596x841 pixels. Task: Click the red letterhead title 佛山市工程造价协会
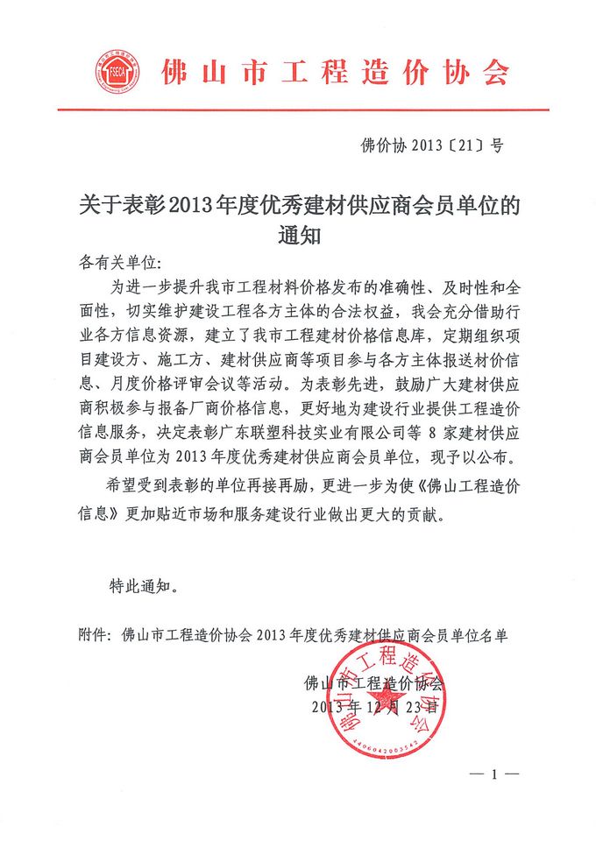click(x=336, y=71)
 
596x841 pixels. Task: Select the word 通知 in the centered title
click(x=299, y=237)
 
